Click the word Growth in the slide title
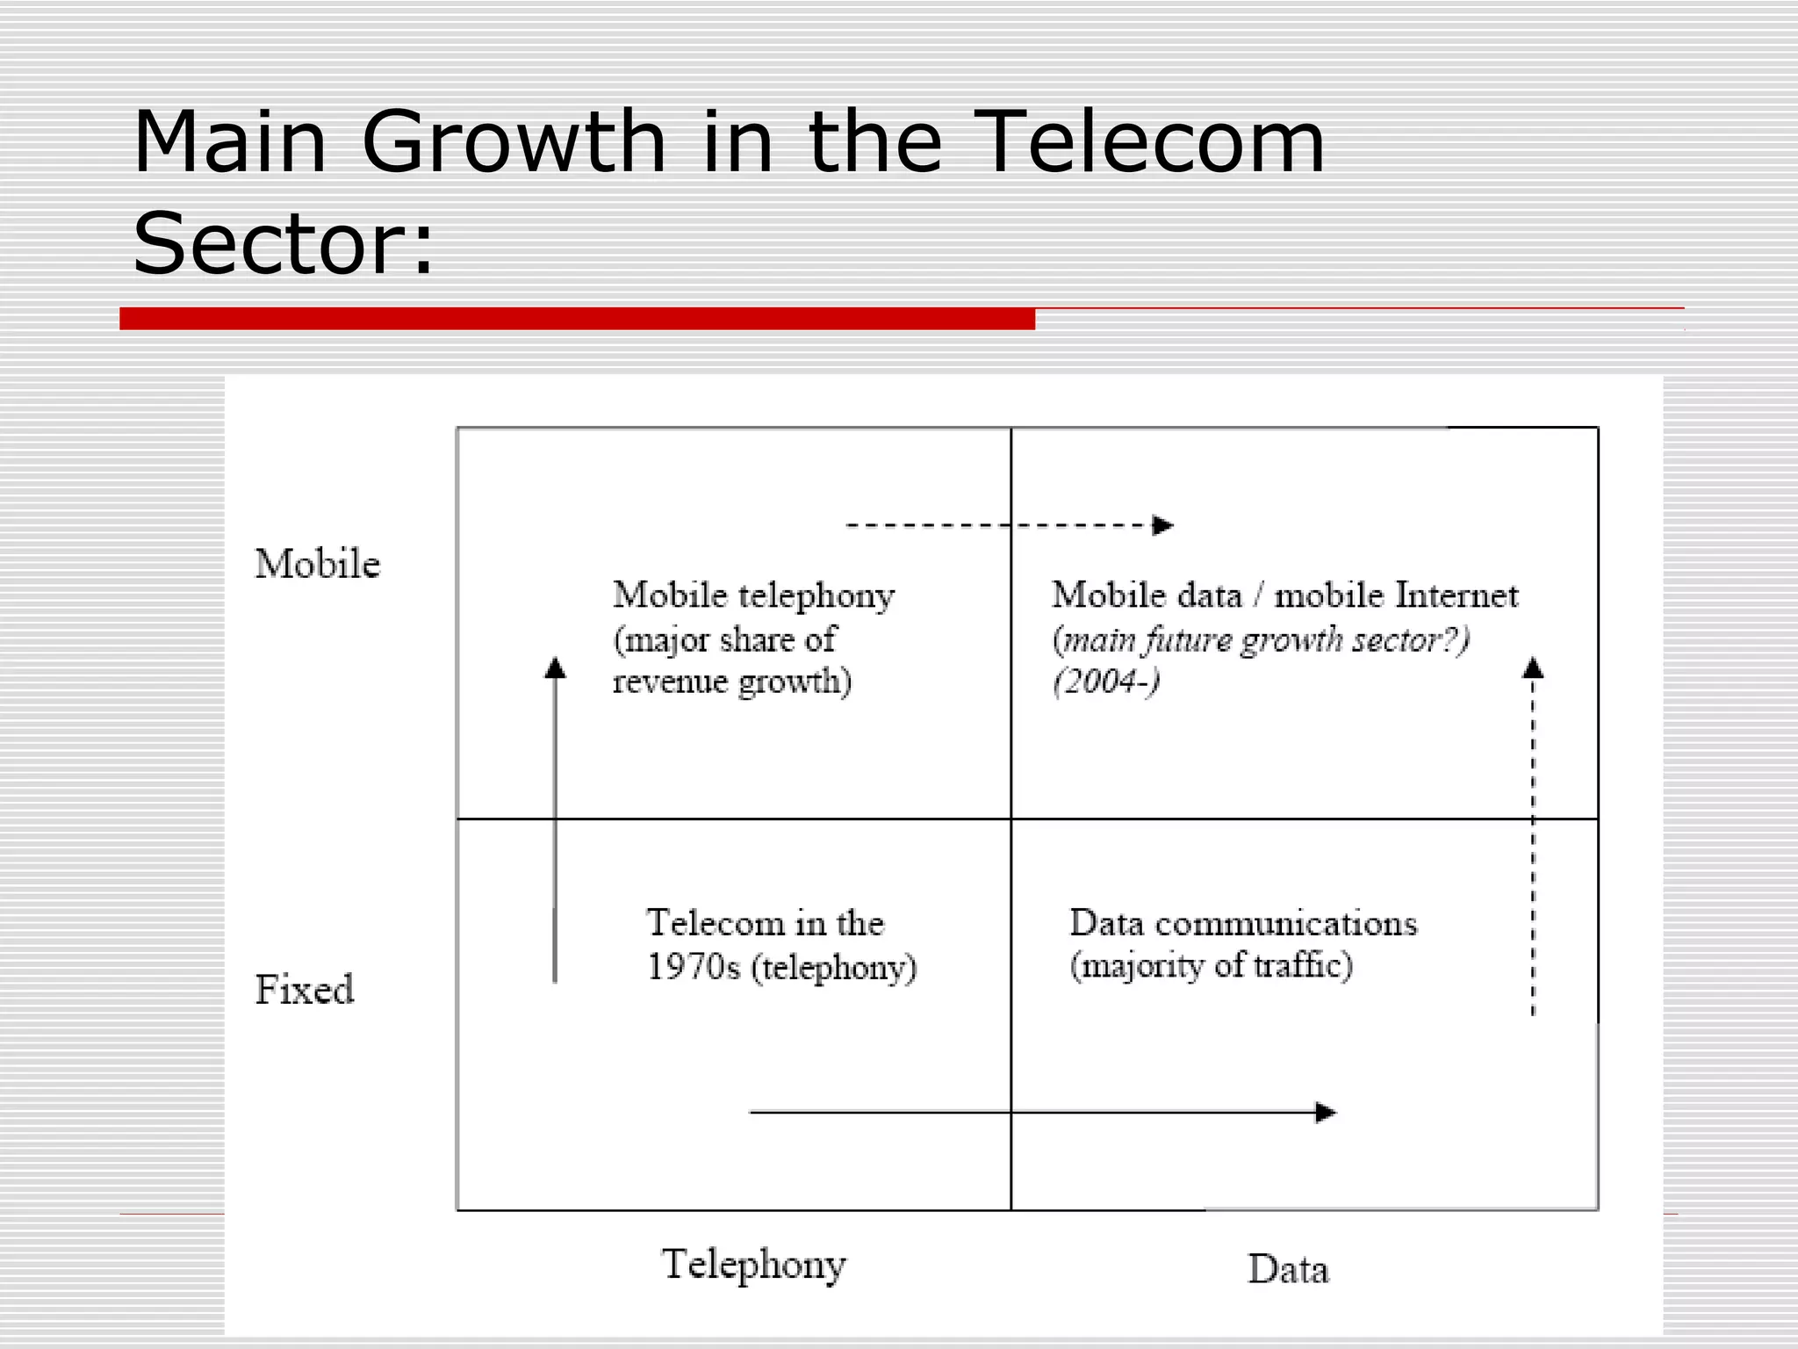pos(514,142)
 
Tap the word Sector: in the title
pos(283,243)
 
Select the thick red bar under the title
pos(577,319)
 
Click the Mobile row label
pos(317,564)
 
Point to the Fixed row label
pos(304,990)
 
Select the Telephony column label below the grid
pos(753,1266)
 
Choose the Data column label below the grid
pos(1288,1270)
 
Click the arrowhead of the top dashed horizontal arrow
pos(1163,525)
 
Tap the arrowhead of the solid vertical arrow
pos(555,668)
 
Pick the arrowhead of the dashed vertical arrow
pos(1533,668)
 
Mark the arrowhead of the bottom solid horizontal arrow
pos(1326,1113)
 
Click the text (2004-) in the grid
pos(1106,682)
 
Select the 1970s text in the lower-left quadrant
pos(693,968)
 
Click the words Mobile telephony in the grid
pos(753,595)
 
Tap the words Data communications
pos(1242,924)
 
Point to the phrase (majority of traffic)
pos(1211,966)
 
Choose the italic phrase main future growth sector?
pos(1261,640)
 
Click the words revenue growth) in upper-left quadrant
pos(731,682)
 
